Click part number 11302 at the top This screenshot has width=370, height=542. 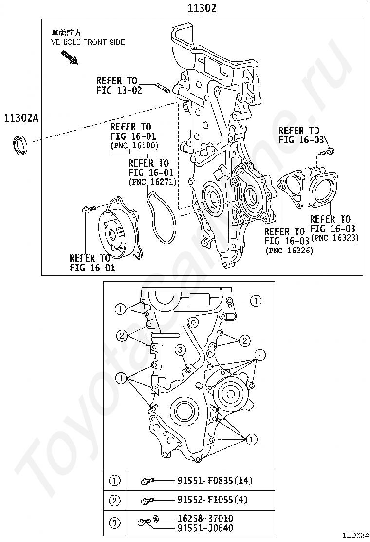tap(202, 8)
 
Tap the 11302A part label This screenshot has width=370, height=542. tap(21, 118)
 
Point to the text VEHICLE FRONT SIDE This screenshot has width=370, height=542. tap(88, 42)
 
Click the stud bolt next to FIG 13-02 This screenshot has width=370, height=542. tap(162, 87)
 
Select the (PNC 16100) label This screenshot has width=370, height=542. tap(134, 146)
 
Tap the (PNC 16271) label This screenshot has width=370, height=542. tap(152, 181)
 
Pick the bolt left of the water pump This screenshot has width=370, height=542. tap(88, 209)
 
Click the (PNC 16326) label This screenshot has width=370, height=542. tap(289, 250)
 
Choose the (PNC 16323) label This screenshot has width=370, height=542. tap(335, 237)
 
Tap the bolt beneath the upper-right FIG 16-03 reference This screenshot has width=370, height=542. tap(327, 151)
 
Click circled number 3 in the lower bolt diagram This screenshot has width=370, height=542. tap(180, 350)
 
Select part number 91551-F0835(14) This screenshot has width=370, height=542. tap(215, 480)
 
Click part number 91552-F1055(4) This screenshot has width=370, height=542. tap(213, 500)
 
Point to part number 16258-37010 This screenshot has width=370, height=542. tap(205, 518)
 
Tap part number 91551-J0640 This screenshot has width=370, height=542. tap(205, 528)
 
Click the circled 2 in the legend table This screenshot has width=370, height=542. tap(114, 500)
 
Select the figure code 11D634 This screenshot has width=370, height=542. tap(355, 536)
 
